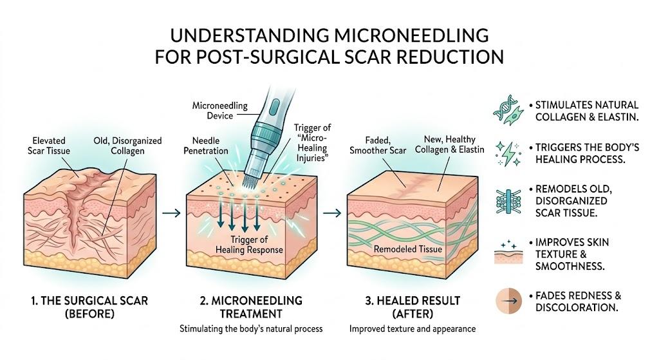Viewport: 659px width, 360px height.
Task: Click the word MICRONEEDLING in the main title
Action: coord(411,35)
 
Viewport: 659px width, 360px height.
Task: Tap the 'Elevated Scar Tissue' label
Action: coord(49,146)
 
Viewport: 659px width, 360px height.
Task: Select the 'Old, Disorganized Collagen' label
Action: coord(127,146)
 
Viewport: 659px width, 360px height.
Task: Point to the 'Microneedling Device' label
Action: coord(220,111)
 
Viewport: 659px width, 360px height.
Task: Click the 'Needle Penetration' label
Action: coord(206,146)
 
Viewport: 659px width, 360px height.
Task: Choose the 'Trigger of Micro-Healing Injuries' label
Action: coord(312,143)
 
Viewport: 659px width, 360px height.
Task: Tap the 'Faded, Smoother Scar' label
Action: coord(378,145)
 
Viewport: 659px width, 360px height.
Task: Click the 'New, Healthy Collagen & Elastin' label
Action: coord(449,144)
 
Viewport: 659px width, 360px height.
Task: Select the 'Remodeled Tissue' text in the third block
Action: coord(407,249)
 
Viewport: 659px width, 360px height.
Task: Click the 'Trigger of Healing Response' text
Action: coord(249,245)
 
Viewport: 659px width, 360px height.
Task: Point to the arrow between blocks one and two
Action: coord(171,213)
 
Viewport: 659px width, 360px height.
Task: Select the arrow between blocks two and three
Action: coord(332,213)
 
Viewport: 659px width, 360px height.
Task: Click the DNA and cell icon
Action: coord(508,109)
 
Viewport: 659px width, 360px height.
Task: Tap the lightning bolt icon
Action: coord(508,154)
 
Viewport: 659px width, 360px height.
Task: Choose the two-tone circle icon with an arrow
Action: coord(508,301)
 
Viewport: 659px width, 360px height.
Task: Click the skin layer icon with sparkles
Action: coord(508,252)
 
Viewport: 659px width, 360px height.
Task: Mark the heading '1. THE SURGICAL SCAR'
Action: coord(89,301)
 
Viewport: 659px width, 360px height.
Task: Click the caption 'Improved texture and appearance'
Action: coord(413,329)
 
